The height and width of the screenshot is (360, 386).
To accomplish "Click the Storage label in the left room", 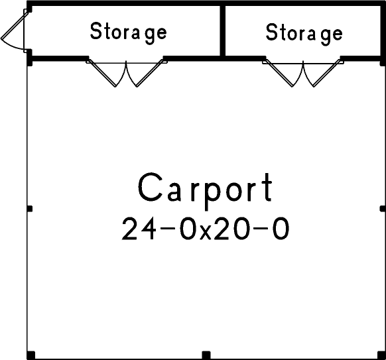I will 128,32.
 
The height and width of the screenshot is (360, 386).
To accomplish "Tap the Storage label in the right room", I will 304,32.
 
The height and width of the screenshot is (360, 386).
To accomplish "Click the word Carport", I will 206,188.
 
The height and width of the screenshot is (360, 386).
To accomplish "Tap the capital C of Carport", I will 150,188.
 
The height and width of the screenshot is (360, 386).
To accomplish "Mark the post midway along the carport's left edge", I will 29,209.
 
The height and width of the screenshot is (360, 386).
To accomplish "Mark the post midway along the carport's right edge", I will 383,209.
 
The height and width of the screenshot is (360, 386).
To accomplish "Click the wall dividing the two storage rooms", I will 222,31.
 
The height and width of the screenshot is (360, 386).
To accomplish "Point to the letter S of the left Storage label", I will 95,31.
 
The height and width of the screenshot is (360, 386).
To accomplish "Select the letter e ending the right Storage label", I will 338,34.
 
